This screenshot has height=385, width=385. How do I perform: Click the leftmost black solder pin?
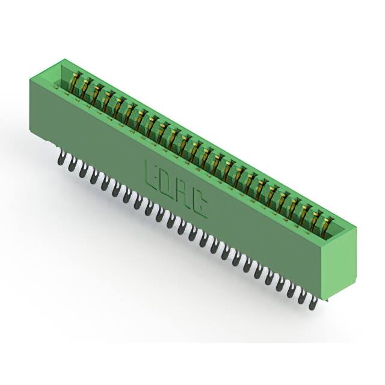(60, 159)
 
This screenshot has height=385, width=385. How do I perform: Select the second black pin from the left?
(71, 165)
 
